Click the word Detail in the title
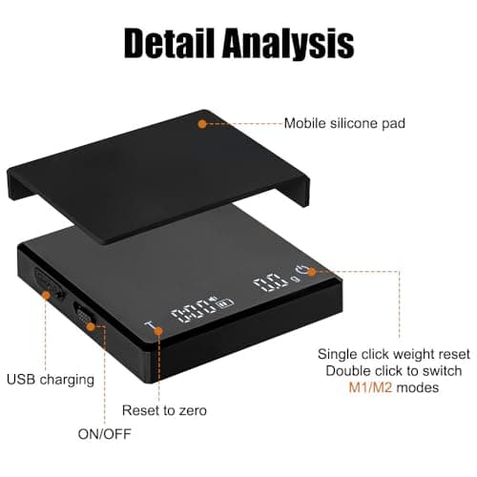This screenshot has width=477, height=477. coord(169,43)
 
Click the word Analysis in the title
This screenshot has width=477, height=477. coord(288,43)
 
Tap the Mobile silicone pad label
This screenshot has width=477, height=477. coord(344,123)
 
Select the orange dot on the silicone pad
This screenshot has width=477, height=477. coord(202,124)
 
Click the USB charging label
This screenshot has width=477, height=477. coord(51,380)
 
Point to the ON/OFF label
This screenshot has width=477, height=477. coord(105,434)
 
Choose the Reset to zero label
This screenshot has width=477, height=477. coord(164,410)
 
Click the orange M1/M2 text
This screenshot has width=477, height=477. coord(370,387)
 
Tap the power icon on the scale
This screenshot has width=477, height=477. coord(301,270)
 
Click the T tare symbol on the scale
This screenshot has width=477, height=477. coord(149,325)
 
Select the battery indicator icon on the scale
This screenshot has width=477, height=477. coord(225,303)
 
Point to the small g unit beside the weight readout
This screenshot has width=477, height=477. coord(296,279)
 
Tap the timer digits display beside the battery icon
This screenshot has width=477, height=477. coord(194,312)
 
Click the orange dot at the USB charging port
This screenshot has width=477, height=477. coord(47,296)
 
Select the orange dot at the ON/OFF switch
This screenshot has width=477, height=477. coord(92,326)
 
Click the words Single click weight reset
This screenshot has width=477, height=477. coord(394,354)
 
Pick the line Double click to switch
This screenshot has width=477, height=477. coord(394,371)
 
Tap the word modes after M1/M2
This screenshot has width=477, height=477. coord(418,387)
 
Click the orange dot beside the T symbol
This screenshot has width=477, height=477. coord(158,331)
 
